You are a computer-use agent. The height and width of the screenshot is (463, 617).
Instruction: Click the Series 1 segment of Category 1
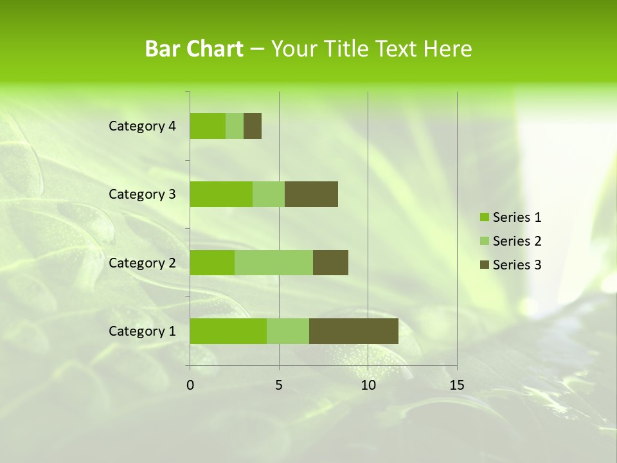[228, 331]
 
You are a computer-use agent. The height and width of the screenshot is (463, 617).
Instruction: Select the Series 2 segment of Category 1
[288, 331]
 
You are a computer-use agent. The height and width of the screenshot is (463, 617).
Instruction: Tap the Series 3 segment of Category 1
[353, 331]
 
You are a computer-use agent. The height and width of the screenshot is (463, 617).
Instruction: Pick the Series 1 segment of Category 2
[212, 262]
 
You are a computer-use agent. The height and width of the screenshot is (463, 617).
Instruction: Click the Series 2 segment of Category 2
[274, 262]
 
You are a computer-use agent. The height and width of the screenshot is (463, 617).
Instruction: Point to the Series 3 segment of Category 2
[330, 262]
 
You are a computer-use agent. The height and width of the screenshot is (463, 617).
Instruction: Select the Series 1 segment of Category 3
[221, 194]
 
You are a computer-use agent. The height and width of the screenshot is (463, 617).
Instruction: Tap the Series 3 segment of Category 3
[311, 194]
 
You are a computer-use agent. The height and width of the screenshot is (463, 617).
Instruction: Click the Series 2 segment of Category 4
[235, 126]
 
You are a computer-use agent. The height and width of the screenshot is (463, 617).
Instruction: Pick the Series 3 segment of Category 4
[253, 126]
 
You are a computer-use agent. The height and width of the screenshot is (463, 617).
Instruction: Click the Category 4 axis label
[142, 126]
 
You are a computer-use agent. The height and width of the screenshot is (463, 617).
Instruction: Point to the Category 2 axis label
[142, 262]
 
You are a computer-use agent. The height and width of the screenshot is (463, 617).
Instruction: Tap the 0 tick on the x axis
[190, 385]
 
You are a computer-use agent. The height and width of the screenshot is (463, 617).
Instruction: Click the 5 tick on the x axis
[279, 385]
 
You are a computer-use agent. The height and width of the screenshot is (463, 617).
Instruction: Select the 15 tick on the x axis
[456, 385]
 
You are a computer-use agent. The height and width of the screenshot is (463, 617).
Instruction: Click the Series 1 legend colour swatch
[484, 217]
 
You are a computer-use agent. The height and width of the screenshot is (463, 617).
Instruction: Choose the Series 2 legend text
[517, 241]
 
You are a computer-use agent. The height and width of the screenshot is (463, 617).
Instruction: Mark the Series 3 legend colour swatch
[484, 265]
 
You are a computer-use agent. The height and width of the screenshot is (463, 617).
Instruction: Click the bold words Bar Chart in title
[194, 49]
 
